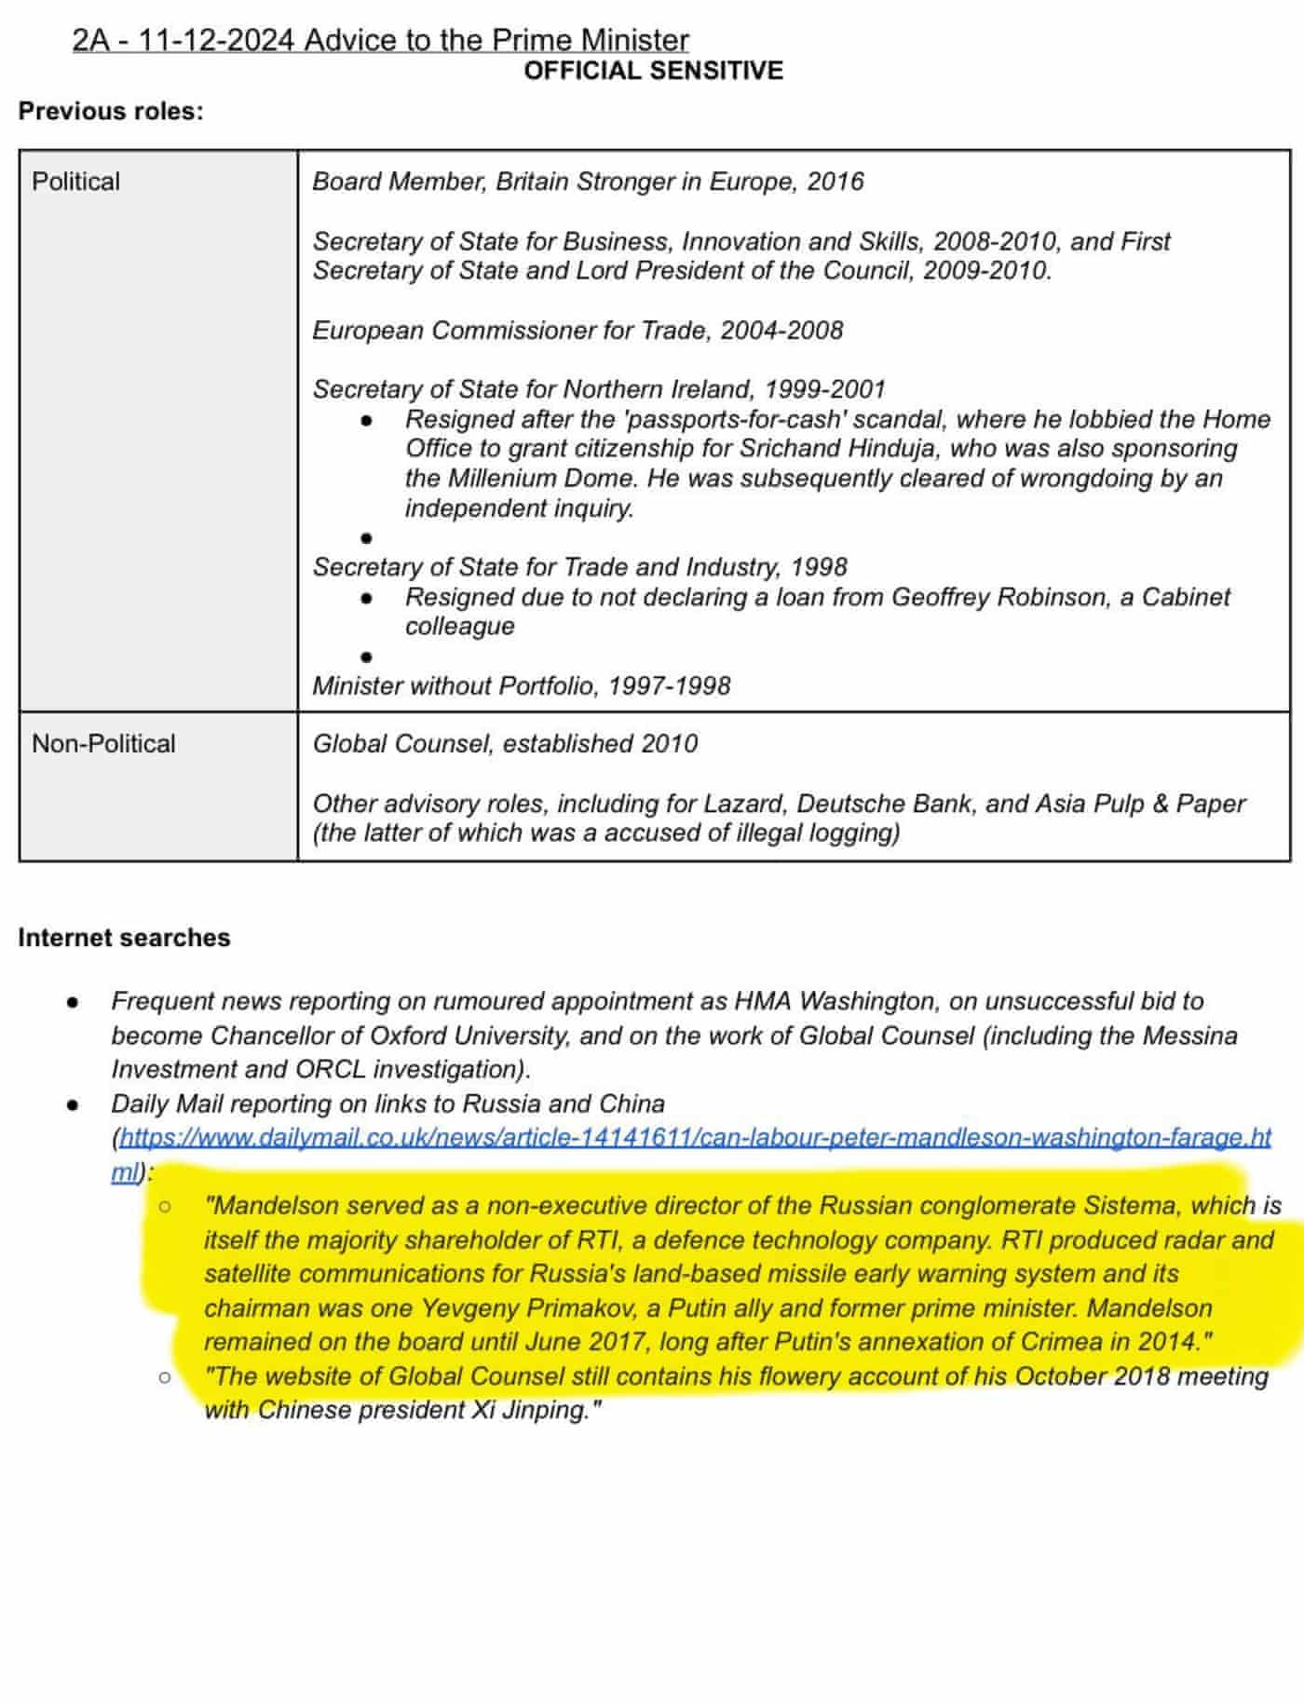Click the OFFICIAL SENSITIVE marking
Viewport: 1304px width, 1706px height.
(653, 71)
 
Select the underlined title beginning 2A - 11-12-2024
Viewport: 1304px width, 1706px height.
(380, 40)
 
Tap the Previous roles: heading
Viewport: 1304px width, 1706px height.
(111, 111)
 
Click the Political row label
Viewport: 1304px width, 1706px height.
(75, 181)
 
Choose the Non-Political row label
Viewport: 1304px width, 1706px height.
(103, 743)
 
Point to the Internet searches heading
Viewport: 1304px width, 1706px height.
(124, 937)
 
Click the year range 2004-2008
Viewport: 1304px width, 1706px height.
(781, 331)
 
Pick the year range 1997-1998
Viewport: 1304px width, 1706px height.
(669, 685)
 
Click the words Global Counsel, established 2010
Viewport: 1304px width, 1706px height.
(505, 743)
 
